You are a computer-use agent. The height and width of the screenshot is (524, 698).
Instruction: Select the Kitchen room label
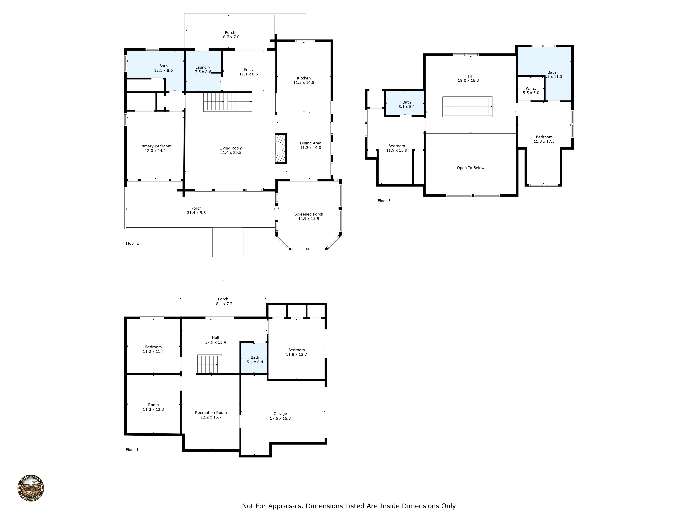tap(304, 78)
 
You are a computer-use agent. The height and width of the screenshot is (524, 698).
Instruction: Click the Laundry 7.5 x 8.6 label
tap(203, 70)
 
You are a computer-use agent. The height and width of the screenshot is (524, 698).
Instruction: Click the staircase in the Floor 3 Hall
tap(467, 107)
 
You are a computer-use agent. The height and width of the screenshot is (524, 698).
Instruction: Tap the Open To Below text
tap(470, 168)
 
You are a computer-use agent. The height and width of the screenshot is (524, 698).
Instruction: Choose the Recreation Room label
tap(211, 413)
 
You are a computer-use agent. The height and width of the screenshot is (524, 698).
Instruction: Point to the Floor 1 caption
tap(132, 449)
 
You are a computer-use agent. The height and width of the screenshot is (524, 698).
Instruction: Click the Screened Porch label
tap(308, 214)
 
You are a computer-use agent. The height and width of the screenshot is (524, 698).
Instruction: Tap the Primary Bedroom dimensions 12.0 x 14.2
tap(155, 151)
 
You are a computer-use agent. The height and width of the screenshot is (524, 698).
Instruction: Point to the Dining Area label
tap(310, 143)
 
